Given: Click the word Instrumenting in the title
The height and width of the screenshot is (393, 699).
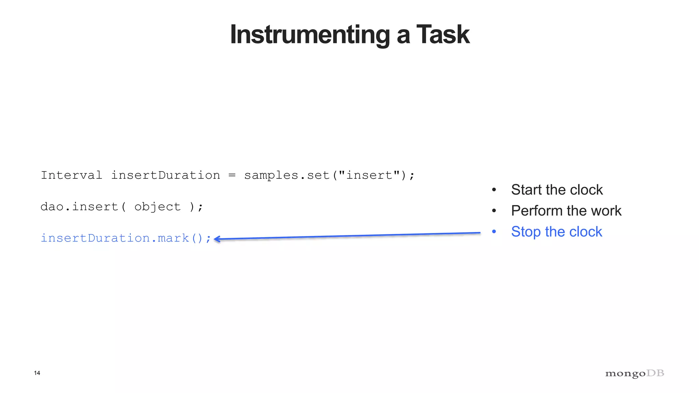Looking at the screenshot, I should [310, 35].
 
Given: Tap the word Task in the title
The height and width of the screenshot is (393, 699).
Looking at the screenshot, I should [443, 35].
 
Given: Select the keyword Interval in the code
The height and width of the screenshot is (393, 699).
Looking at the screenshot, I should [71, 175].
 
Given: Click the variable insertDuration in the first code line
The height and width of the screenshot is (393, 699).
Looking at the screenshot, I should [166, 175].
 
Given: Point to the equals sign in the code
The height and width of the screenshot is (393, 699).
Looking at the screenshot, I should [232, 175].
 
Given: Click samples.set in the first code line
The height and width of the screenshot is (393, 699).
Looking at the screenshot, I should [287, 175].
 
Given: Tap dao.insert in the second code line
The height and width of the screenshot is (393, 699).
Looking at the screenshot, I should [79, 207].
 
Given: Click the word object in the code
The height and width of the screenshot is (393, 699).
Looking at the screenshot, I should [157, 207].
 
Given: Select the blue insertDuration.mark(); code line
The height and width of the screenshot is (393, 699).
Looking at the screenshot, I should [126, 238].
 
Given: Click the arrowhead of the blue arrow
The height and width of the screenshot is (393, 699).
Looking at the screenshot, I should [216, 239].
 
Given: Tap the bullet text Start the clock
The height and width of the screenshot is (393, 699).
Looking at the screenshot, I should [557, 190].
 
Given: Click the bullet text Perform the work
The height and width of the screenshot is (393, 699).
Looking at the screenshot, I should [566, 211].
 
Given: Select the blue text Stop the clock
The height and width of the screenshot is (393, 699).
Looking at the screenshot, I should [556, 232].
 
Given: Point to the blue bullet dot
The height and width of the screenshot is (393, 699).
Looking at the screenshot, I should [494, 232].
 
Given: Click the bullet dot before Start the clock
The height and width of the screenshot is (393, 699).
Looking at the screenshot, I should [494, 190].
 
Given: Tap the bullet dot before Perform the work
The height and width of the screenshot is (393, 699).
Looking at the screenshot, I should [494, 211].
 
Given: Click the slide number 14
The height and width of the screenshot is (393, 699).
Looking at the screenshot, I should [37, 373].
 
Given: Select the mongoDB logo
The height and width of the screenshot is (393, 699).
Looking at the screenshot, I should [634, 374].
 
